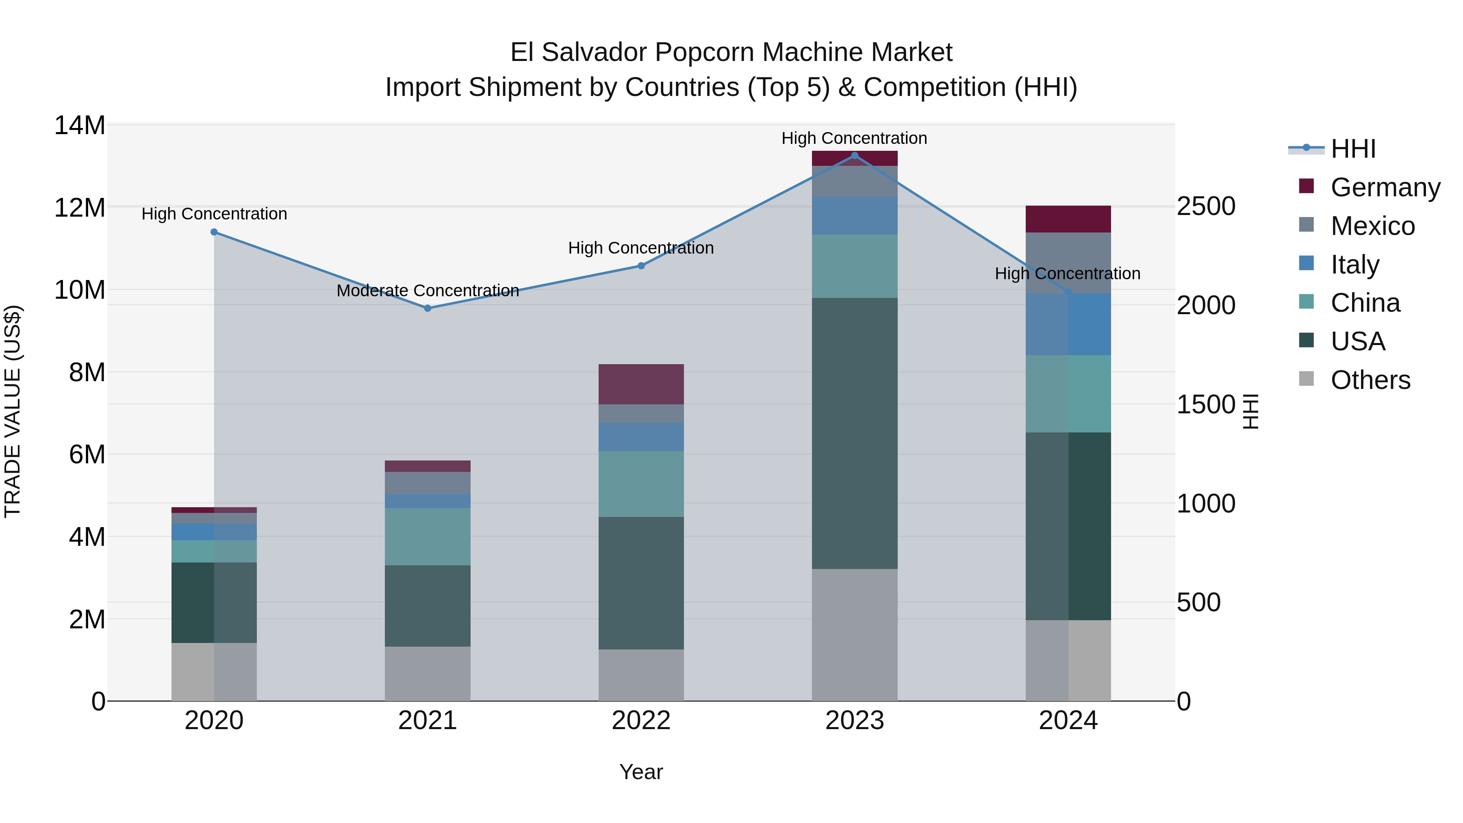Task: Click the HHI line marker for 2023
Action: click(854, 156)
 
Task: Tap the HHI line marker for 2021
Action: click(428, 308)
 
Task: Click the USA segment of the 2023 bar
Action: click(854, 433)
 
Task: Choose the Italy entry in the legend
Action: click(1354, 265)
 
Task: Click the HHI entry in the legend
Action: click(1353, 149)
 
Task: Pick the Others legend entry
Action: click(1370, 380)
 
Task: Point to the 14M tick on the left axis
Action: click(80, 126)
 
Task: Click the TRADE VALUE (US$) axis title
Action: click(13, 411)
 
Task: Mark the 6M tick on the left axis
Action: click(87, 454)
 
